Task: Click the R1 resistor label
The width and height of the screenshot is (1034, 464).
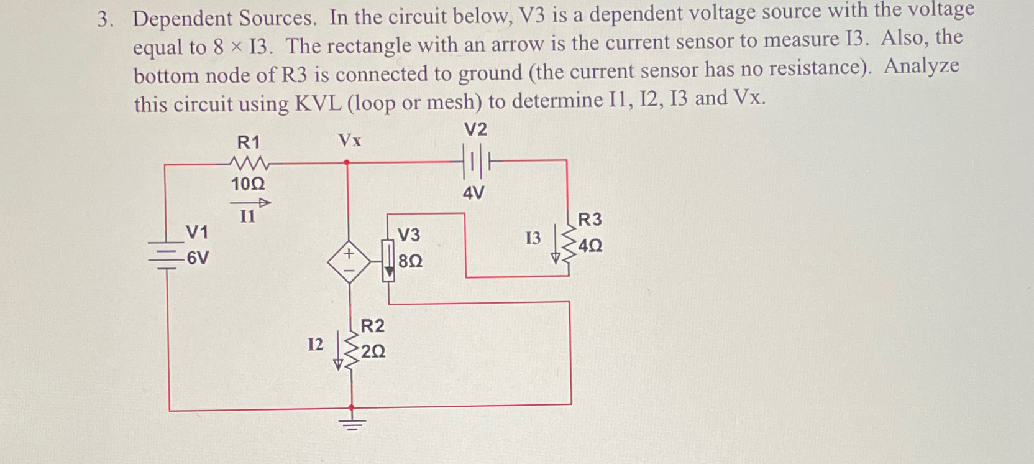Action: (x=249, y=142)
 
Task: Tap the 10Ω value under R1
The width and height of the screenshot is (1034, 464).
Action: (x=248, y=184)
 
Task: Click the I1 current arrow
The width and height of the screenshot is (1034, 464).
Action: (x=250, y=203)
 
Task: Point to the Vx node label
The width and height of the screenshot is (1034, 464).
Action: (x=350, y=141)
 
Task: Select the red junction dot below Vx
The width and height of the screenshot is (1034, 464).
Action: (x=347, y=162)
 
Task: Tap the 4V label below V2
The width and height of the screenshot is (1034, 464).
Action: (x=474, y=193)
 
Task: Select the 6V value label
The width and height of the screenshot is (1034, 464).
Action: (x=198, y=258)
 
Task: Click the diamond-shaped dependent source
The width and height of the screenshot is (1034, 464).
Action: (x=349, y=262)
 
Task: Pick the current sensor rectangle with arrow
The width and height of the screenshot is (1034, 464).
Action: (x=388, y=262)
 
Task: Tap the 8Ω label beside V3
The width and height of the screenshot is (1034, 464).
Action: (x=410, y=261)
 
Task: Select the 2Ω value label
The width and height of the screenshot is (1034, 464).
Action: (x=373, y=352)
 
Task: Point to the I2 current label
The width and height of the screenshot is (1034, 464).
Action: (x=316, y=345)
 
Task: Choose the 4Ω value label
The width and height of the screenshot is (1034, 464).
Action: (x=590, y=246)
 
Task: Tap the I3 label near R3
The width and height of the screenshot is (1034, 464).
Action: (x=533, y=238)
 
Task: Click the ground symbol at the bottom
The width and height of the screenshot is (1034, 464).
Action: (x=352, y=424)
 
